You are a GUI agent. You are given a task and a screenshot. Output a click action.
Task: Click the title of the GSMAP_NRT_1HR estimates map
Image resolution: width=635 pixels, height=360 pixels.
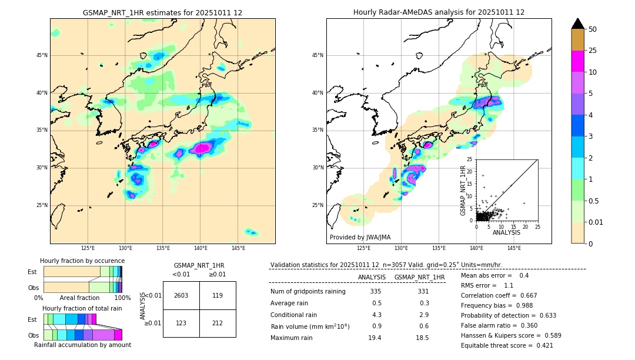pyautogui.click(x=162, y=12)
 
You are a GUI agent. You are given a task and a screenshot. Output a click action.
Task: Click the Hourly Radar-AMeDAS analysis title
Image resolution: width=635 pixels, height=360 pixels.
pyautogui.click(x=439, y=12)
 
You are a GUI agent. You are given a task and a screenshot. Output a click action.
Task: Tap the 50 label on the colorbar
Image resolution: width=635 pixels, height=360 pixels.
pyautogui.click(x=593, y=29)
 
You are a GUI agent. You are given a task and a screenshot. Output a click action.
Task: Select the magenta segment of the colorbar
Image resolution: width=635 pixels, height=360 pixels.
pyautogui.click(x=578, y=61)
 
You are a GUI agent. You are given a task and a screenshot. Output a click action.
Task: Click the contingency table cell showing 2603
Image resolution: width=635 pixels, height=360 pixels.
pyautogui.click(x=181, y=296)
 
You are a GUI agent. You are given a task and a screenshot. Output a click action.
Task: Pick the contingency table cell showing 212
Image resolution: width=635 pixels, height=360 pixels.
pyautogui.click(x=218, y=324)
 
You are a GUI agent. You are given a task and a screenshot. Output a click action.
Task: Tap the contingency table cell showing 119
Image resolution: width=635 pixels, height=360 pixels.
pyautogui.click(x=218, y=296)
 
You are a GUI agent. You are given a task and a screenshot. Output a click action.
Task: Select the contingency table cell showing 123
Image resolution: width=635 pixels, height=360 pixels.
pyautogui.click(x=181, y=324)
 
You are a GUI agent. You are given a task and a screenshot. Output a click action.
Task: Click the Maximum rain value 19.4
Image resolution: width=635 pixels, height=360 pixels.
pyautogui.click(x=375, y=338)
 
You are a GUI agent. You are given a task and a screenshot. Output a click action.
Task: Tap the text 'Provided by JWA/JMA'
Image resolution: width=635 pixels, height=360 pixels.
pyautogui.click(x=360, y=238)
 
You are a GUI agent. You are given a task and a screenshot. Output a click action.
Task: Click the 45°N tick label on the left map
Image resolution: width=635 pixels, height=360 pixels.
pyautogui.click(x=42, y=55)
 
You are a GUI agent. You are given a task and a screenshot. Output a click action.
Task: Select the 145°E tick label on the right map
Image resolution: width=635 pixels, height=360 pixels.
pyautogui.click(x=514, y=248)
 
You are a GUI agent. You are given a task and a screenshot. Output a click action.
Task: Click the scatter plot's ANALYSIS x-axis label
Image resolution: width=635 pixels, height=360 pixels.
pyautogui.click(x=506, y=232)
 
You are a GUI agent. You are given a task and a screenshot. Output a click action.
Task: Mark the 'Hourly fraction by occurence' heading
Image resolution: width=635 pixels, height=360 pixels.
pyautogui.click(x=82, y=261)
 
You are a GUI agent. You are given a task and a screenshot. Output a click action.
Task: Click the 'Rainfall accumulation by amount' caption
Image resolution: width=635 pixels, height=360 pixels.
pyautogui.click(x=82, y=345)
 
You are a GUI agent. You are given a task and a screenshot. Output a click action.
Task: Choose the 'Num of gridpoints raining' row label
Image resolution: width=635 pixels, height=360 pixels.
pyautogui.click(x=308, y=292)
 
